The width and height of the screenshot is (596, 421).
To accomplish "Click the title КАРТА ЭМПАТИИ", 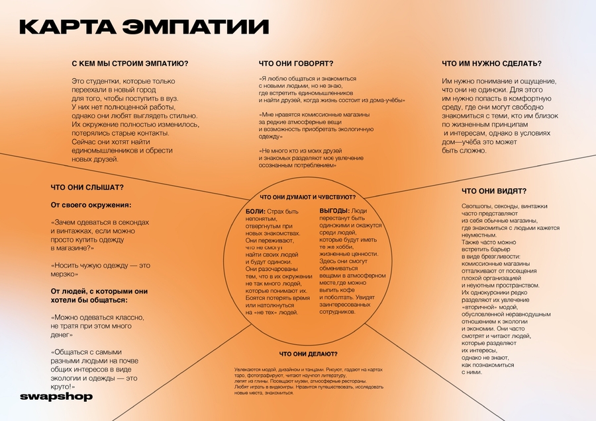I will coord(144,26).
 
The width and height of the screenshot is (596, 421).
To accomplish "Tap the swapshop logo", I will coord(56,397).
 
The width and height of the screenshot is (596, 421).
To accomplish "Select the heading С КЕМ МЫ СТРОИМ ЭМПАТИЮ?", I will coord(130,63).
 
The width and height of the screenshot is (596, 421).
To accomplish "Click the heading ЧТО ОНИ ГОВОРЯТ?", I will coord(295,63).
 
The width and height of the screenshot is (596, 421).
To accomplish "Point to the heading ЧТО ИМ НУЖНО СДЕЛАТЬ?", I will coord(491,63).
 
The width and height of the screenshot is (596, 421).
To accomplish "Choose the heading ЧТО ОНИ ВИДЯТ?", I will coord(494,191).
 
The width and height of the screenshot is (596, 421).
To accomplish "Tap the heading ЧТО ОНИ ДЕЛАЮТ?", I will coord(308,354).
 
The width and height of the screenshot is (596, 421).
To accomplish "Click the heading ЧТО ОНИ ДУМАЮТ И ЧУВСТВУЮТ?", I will coord(307,197).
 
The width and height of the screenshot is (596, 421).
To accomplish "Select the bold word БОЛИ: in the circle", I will coord(255,210).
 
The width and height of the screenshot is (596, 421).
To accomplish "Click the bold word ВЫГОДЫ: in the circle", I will coord(334,210).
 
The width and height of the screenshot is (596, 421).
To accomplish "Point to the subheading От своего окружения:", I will coord(91,205).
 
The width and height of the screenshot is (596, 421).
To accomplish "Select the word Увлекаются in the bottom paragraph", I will coord(246,369).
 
